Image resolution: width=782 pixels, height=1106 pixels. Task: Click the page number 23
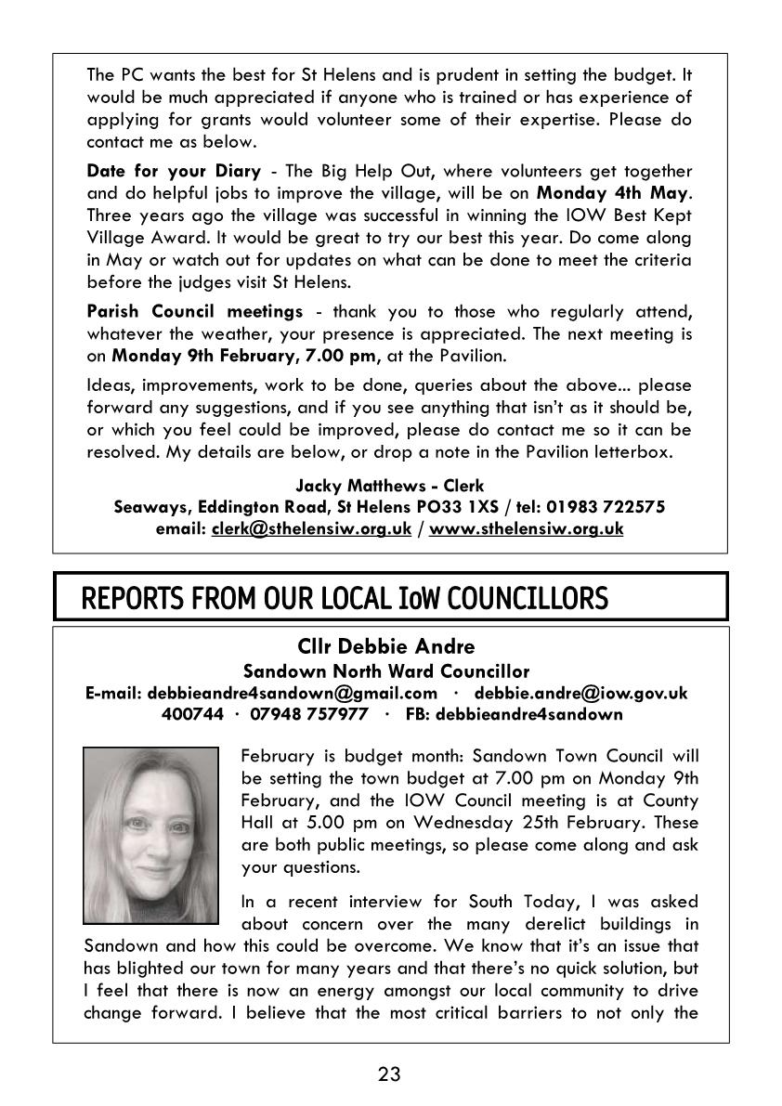pyautogui.click(x=390, y=1074)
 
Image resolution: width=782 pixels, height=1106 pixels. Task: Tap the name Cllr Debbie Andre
pyautogui.click(x=385, y=646)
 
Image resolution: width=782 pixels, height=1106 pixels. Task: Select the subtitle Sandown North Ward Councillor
pyautogui.click(x=385, y=670)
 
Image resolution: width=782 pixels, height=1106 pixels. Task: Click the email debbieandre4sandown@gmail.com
pyautogui.click(x=292, y=693)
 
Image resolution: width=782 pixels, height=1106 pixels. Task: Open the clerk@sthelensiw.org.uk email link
pyautogui.click(x=311, y=528)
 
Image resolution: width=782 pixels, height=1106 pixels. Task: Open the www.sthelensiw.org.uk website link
pyautogui.click(x=526, y=528)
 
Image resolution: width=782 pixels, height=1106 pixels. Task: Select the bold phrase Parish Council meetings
pyautogui.click(x=194, y=311)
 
